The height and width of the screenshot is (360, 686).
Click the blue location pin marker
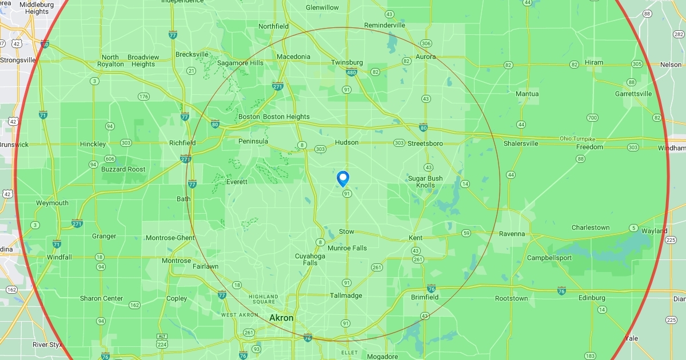(x=343, y=178)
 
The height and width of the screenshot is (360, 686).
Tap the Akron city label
(x=281, y=318)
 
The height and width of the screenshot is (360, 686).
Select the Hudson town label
(x=347, y=142)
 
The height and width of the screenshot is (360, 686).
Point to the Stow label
(x=346, y=231)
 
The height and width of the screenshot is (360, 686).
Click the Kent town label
(x=416, y=238)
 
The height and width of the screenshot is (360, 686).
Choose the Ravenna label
(x=511, y=234)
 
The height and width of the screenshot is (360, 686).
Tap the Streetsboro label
(x=425, y=143)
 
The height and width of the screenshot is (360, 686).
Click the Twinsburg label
(x=347, y=62)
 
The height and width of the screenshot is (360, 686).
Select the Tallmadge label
(x=346, y=295)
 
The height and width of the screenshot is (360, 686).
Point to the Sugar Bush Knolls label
(x=425, y=182)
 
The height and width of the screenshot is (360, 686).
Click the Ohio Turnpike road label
(x=578, y=139)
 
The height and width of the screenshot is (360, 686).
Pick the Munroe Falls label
(x=347, y=248)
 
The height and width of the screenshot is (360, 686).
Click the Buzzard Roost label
(x=123, y=169)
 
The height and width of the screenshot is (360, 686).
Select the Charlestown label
(x=591, y=227)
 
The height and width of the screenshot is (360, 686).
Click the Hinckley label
(x=93, y=144)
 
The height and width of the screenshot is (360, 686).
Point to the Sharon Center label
(x=101, y=298)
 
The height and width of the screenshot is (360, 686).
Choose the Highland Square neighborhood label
(x=262, y=299)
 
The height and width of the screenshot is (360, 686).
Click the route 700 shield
(x=592, y=118)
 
